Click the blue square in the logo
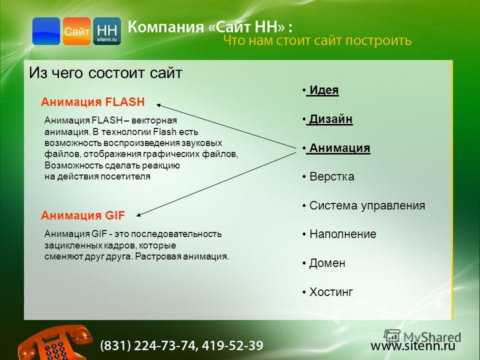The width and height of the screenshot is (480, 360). [x=46, y=31]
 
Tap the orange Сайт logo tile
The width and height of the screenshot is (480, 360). [x=77, y=31]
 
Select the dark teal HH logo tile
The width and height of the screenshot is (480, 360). [x=107, y=31]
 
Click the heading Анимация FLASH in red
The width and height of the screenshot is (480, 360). [x=93, y=102]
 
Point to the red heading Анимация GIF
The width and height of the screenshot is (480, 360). [x=83, y=215]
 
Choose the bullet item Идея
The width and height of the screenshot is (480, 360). [x=320, y=90]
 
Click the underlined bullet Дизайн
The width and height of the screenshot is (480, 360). [x=327, y=119]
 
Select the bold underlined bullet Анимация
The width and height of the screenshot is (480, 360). [x=336, y=148]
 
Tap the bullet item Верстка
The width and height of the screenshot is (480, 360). [x=328, y=176]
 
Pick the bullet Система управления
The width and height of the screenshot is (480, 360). [x=363, y=205]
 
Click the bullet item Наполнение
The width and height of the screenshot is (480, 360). [x=339, y=234]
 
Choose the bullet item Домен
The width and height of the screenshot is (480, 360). [x=323, y=263]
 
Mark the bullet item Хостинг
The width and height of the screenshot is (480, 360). [x=327, y=292]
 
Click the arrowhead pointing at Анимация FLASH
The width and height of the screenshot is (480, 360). [x=158, y=105]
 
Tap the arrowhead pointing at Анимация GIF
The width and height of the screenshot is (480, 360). [x=138, y=215]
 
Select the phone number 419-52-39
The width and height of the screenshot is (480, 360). [x=232, y=345]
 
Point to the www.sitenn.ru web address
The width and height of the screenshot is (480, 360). [x=413, y=346]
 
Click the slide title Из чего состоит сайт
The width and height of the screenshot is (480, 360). [x=105, y=73]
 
